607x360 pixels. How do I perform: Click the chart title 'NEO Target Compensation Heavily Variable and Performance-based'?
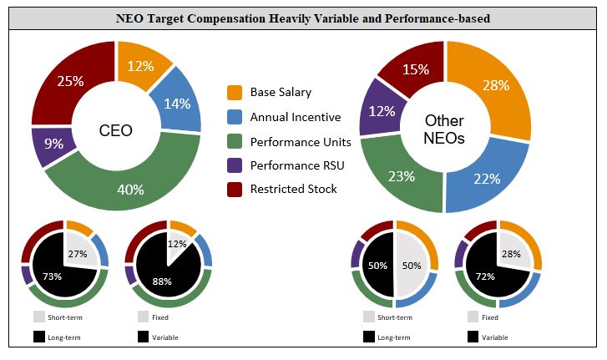pyautogui.click(x=303, y=17)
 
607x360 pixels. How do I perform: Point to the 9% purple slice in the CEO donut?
pyautogui.click(x=53, y=144)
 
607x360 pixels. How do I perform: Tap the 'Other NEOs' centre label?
pyautogui.click(x=444, y=129)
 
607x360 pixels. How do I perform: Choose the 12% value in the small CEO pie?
pyautogui.click(x=177, y=244)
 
